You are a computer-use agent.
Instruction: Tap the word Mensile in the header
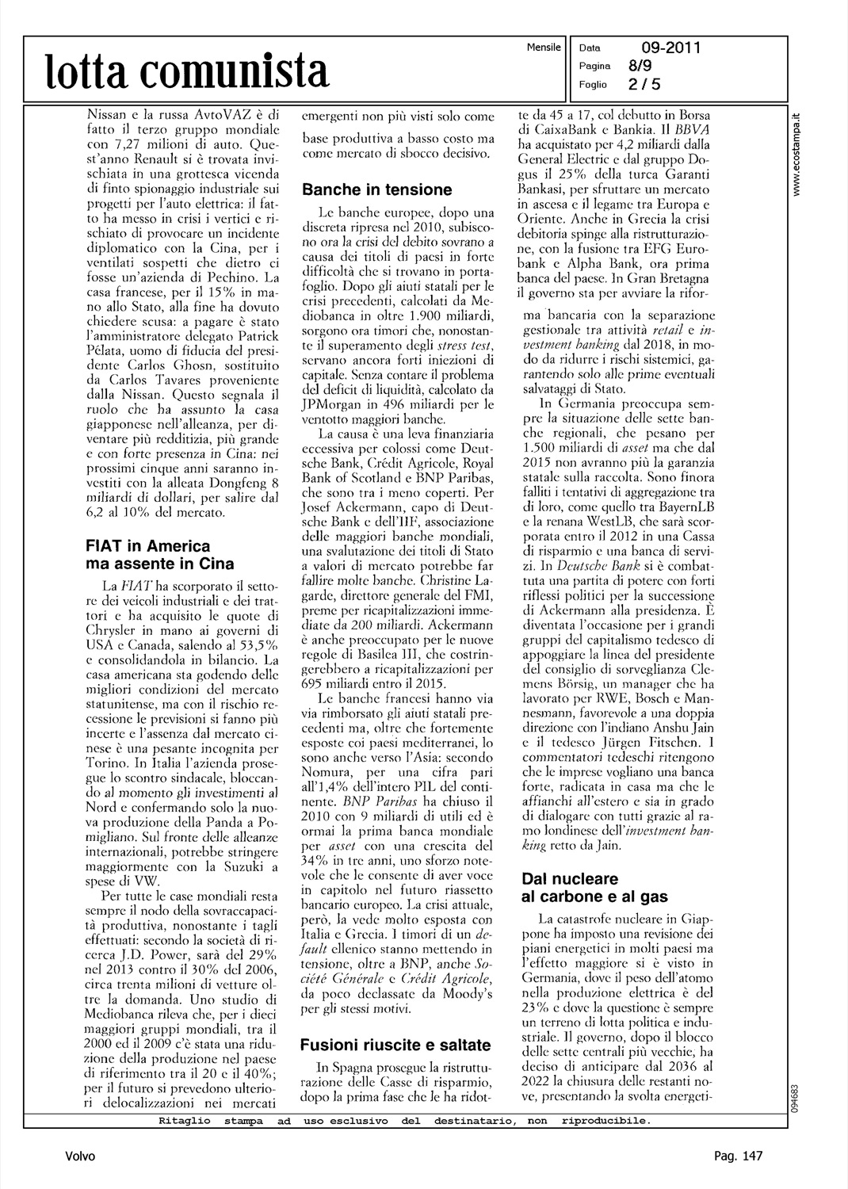[544, 48]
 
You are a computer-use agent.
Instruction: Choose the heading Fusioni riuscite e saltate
[395, 1045]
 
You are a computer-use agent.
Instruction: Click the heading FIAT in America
[147, 546]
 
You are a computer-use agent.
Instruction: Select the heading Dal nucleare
[570, 878]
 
